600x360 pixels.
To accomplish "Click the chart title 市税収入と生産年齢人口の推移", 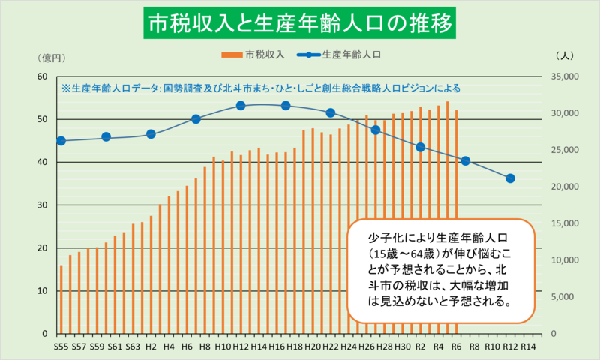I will [300, 25].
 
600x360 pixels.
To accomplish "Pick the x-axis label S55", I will [61, 347].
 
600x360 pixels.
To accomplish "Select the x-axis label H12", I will [241, 347].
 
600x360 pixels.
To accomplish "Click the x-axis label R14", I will [528, 347].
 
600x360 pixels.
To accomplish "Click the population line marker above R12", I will [510, 178].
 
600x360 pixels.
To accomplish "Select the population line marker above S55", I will [61, 141].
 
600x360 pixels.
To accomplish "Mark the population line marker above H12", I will [241, 106].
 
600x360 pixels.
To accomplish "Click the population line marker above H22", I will [331, 112].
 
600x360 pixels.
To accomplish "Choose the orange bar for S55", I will [61, 299].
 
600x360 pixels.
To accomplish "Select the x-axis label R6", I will [456, 347].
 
